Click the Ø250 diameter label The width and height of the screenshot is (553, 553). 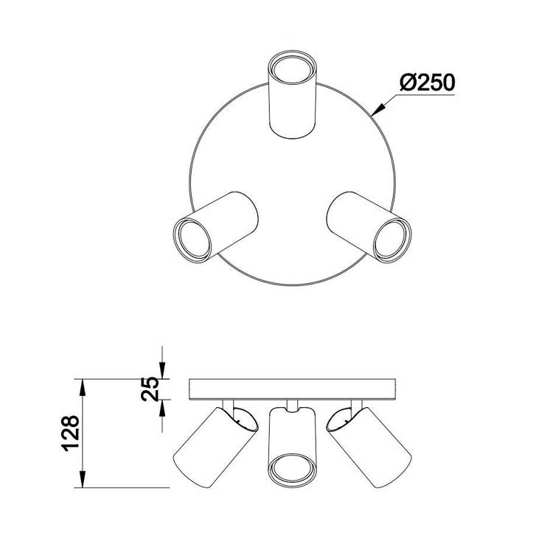point(428,83)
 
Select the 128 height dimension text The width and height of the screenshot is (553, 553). point(71,434)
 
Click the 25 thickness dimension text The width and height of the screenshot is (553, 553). point(150,389)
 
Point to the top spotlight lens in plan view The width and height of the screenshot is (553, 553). point(291,69)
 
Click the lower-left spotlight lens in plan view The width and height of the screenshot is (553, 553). point(192,240)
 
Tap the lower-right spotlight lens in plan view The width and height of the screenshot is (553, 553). point(392,240)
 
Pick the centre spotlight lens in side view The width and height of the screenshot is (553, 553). point(291,470)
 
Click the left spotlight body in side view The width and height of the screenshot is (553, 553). point(216,448)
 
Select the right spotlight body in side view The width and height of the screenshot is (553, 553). point(369,448)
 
